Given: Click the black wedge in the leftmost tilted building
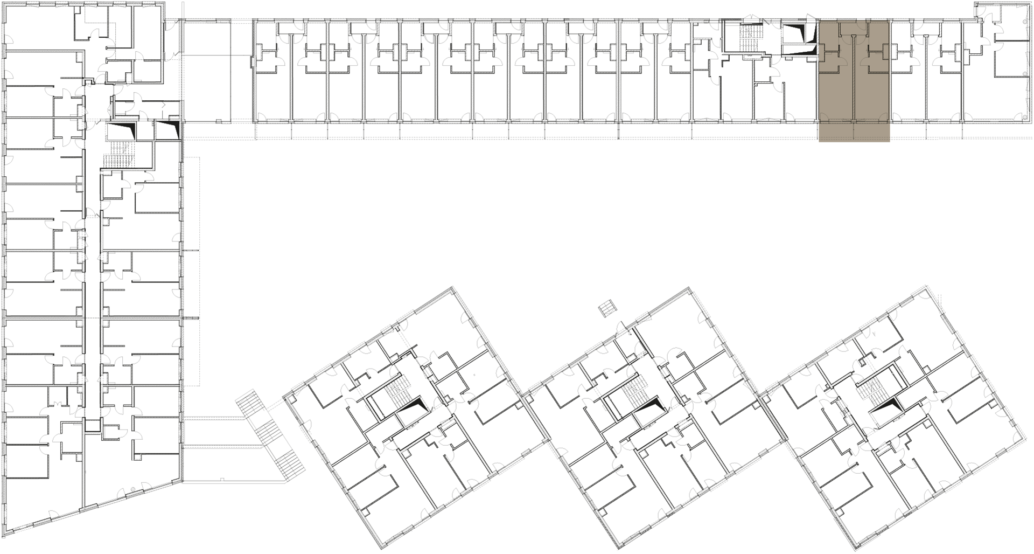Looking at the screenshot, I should (x=415, y=407).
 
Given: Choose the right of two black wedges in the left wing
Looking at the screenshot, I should (x=169, y=129).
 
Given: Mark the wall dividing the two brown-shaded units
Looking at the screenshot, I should (x=854, y=81).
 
